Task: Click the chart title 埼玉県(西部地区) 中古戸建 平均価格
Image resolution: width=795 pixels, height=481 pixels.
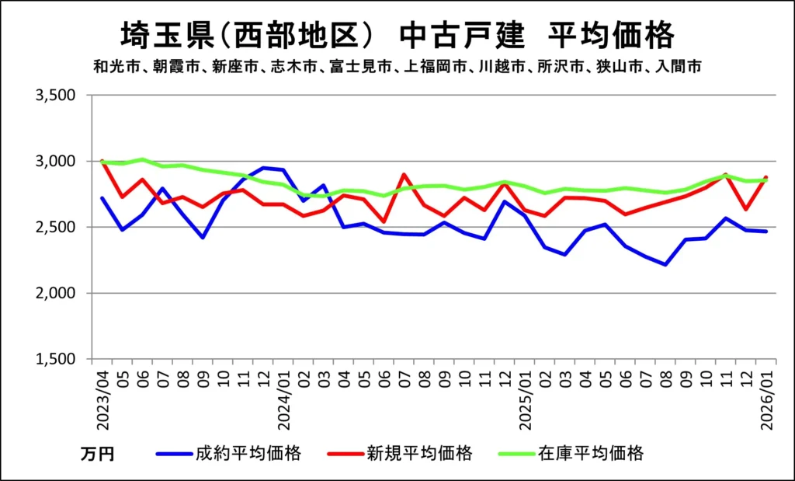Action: pos(397,35)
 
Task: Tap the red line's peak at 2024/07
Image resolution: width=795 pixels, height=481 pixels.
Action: pos(404,175)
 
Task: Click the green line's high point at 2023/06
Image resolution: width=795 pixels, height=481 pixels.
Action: pos(143,159)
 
